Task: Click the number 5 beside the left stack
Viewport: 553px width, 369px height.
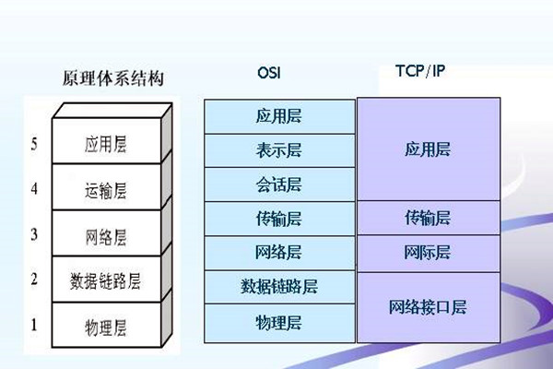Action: click(35, 145)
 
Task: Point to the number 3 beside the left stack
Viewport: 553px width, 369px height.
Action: click(35, 234)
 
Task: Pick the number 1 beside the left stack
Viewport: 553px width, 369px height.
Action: click(35, 324)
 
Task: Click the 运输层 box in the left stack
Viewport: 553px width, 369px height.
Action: click(104, 190)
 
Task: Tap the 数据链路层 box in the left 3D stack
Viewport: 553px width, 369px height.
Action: click(104, 280)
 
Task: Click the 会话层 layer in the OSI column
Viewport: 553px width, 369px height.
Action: click(279, 185)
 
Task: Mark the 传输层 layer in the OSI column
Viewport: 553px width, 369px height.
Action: click(279, 220)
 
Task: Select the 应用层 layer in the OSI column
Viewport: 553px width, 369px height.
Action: click(279, 117)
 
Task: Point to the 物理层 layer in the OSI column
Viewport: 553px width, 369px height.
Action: click(279, 321)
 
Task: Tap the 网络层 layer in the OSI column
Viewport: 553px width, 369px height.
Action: click(279, 253)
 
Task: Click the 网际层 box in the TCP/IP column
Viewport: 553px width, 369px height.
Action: click(428, 252)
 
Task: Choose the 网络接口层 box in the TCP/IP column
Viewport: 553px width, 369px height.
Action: click(428, 307)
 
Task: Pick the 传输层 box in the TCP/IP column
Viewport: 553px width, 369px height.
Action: click(428, 218)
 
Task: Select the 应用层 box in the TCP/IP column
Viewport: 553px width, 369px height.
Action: click(428, 149)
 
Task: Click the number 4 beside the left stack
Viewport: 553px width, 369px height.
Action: click(35, 190)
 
